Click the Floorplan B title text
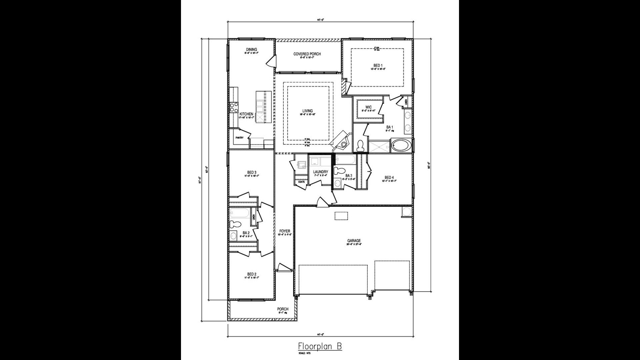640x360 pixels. pyautogui.click(x=320, y=346)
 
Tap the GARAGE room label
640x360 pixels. pyautogui.click(x=354, y=241)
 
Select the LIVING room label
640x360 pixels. pyautogui.click(x=307, y=111)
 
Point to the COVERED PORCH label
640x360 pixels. pyautogui.click(x=307, y=54)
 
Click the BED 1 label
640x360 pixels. pyautogui.click(x=378, y=65)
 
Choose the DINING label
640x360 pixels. pyautogui.click(x=251, y=50)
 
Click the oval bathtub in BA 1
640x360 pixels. pyautogui.click(x=401, y=146)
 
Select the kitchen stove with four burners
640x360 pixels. pyautogui.click(x=234, y=107)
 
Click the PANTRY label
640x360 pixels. pyautogui.click(x=239, y=138)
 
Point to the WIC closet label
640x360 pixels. pyautogui.click(x=368, y=107)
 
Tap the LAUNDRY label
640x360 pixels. pyautogui.click(x=320, y=172)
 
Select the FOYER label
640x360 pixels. pyautogui.click(x=285, y=231)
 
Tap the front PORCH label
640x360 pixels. pyautogui.click(x=283, y=309)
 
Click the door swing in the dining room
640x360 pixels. pyautogui.click(x=271, y=61)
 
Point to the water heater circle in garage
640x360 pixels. pyautogui.click(x=407, y=211)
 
